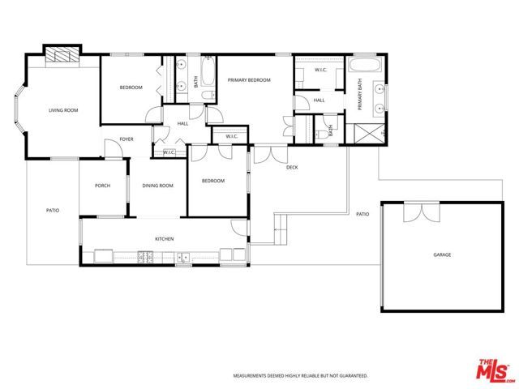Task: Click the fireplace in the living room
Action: coord(61,55)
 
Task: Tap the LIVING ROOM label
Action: coord(62,110)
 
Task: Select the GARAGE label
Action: coord(442,254)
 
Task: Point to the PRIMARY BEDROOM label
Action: coord(249,80)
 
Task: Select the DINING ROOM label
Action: coord(158,186)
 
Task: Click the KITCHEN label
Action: coord(165,238)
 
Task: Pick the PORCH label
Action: coord(102,186)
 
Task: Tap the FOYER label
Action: coord(127,139)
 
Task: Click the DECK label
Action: coord(292,167)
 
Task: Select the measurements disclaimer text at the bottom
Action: coord(301,376)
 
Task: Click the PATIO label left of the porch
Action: coord(53,211)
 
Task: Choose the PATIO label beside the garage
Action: coord(362,214)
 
